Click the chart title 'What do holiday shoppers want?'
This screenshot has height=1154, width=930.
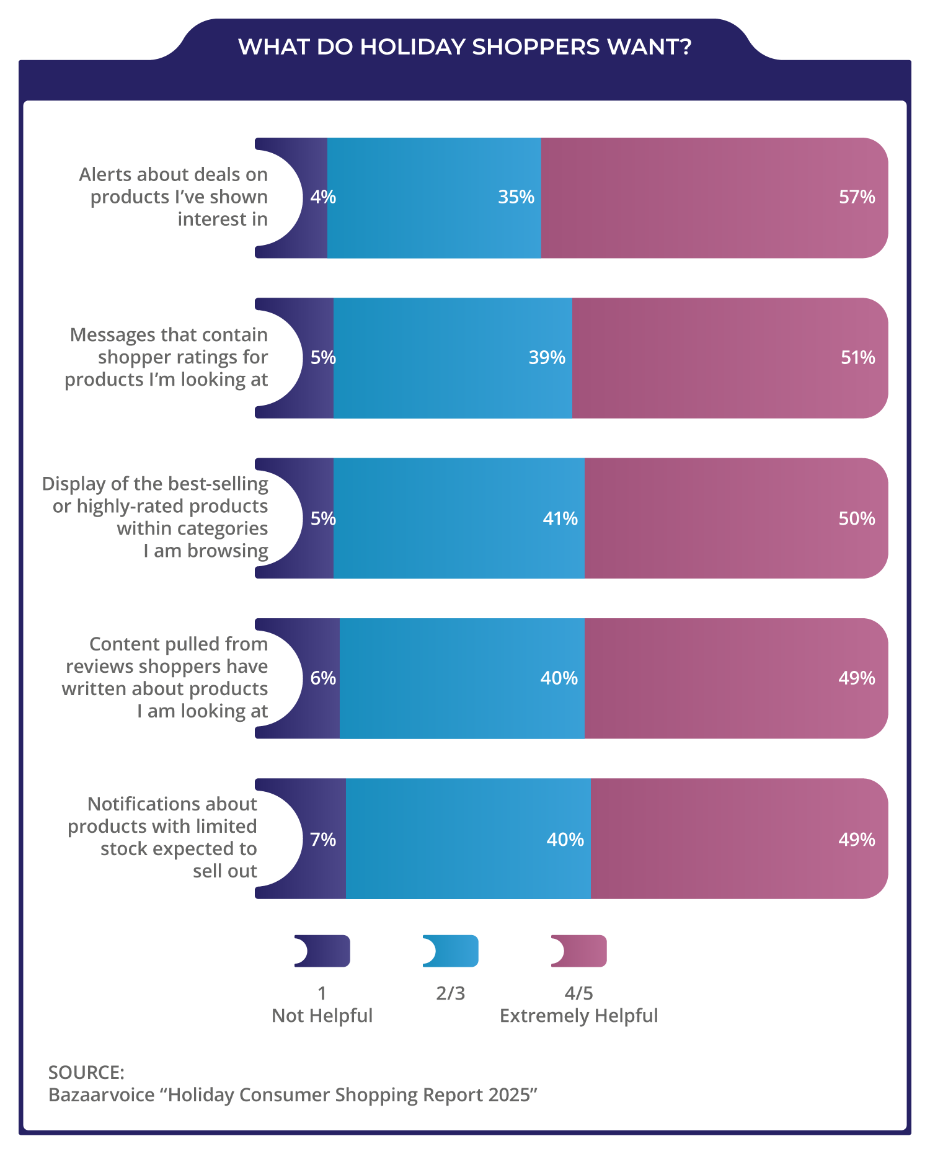(464, 47)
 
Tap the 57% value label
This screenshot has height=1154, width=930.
(857, 197)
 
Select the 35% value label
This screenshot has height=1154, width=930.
(516, 197)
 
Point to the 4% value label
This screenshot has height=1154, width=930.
(323, 197)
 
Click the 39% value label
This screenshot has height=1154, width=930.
(547, 358)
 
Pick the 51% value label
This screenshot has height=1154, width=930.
(857, 358)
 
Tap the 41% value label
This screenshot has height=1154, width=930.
(560, 518)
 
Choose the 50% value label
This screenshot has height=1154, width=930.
(857, 518)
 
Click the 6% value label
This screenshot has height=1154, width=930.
(323, 678)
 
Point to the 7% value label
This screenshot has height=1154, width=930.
(323, 840)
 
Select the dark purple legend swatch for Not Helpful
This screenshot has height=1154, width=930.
(325, 951)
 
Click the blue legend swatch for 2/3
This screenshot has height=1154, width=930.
(453, 951)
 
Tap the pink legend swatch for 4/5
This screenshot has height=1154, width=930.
(582, 951)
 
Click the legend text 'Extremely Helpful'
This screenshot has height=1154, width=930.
(578, 1016)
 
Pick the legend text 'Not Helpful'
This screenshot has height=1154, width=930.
(322, 1016)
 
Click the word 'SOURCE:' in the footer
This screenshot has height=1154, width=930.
(86, 1072)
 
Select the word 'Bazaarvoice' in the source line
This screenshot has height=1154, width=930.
(102, 1095)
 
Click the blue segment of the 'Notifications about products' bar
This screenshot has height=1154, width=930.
(468, 838)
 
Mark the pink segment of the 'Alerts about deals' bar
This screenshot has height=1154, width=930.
(713, 197)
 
